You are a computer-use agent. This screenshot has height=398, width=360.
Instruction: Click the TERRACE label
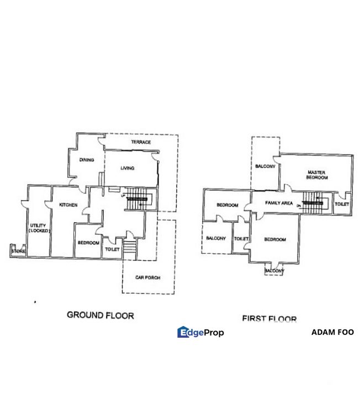pos(141,142)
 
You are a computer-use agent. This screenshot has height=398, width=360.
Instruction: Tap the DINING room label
pos(87,160)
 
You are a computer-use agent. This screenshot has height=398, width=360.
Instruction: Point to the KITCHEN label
pos(68,205)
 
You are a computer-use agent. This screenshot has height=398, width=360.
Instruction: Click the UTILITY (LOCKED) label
pos(39,228)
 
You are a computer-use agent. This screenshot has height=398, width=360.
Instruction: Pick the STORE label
pos(18,252)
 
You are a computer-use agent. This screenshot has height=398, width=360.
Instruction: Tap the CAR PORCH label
pos(148,277)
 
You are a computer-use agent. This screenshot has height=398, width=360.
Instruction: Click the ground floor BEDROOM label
pos(88,243)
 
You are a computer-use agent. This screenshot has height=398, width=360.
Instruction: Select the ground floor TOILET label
pos(112,250)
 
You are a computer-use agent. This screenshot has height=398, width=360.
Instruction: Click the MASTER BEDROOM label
pos(317,175)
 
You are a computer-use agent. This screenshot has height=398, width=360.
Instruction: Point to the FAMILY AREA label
pos(279,203)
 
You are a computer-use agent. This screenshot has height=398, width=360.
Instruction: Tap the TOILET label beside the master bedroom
pos(342,204)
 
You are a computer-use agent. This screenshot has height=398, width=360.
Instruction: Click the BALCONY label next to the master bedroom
pos(265,166)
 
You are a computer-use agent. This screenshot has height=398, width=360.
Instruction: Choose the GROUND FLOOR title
pos(100,315)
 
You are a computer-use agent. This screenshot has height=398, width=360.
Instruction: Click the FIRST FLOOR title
pos(269,318)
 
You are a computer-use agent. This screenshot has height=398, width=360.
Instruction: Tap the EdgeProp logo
pos(200,332)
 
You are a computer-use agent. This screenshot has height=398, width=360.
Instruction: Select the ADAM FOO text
pos(332,332)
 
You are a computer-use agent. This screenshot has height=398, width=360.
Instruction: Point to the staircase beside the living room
pos(139,199)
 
